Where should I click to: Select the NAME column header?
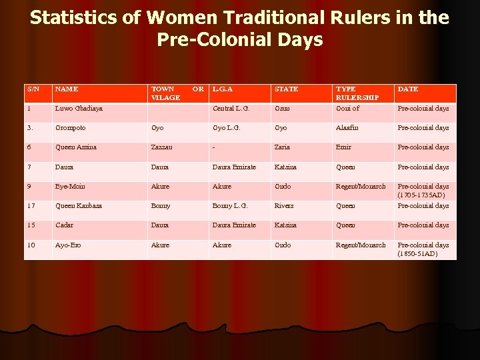(67, 89)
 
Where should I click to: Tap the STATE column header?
(286, 89)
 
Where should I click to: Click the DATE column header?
(408, 89)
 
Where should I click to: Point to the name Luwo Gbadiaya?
(79, 108)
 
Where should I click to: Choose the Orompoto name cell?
(70, 127)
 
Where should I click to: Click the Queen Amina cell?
(76, 147)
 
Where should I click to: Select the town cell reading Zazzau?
(163, 147)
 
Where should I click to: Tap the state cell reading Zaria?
(283, 147)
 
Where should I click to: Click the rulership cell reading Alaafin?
(348, 127)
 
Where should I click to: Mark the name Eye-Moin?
(70, 187)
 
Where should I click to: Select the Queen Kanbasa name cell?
(79, 205)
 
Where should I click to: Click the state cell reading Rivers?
(283, 205)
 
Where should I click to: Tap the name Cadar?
(65, 225)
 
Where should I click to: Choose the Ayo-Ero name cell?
(69, 245)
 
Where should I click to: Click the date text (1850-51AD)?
(418, 254)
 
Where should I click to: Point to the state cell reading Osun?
(282, 108)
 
